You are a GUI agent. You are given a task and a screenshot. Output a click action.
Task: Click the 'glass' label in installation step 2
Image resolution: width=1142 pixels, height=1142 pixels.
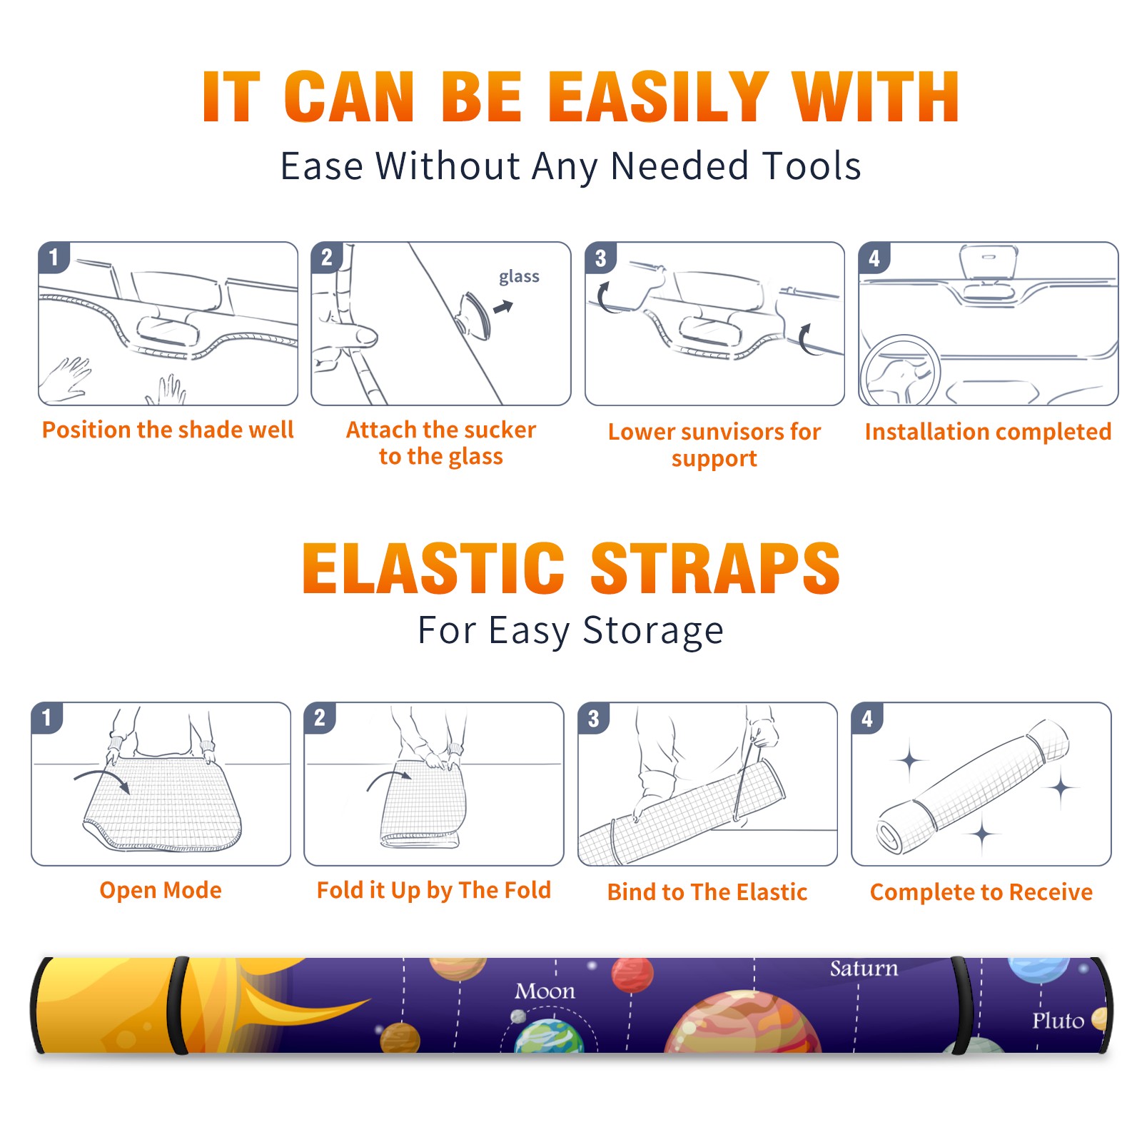519,277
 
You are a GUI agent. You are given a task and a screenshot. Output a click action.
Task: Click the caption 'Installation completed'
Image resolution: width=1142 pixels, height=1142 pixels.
988,432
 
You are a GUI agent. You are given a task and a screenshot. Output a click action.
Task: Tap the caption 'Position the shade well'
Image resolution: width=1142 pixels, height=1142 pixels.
168,430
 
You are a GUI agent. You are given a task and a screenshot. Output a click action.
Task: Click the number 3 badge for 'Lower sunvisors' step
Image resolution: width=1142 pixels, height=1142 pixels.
600,258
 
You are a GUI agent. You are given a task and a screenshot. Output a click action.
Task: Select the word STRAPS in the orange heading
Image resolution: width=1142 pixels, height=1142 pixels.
715,568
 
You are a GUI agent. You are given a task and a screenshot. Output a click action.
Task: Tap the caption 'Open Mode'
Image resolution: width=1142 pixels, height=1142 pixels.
161,890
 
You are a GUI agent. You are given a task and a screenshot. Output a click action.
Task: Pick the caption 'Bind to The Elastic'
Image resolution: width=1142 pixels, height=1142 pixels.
707,892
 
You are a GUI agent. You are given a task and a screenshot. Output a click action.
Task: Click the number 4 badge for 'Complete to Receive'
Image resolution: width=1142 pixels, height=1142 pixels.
867,718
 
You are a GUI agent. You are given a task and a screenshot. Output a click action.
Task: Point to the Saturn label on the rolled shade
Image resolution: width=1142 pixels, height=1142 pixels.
864,969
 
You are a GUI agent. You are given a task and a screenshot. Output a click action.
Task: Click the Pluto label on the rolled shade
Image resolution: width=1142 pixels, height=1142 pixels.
1058,1021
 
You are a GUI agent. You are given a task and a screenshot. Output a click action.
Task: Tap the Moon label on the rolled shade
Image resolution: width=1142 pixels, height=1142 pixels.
545,991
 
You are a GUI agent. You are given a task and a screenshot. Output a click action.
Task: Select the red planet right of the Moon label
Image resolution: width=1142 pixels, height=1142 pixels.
632,974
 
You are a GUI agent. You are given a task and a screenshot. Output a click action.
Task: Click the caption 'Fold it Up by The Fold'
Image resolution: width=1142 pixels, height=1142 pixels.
434,890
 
